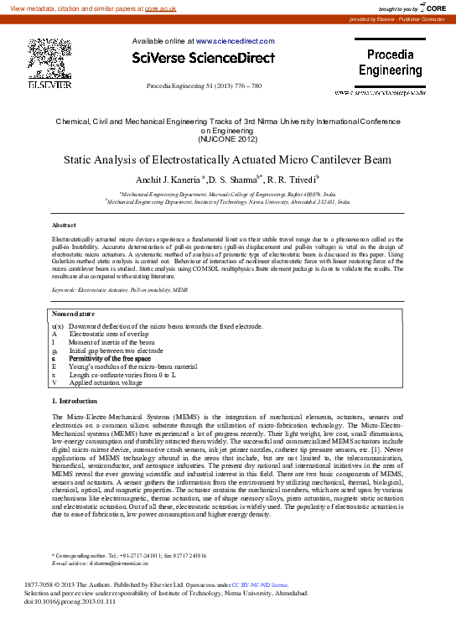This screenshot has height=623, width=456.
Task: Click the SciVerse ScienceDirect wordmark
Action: (x=203, y=58)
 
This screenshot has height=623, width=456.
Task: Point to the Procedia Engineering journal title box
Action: (x=391, y=63)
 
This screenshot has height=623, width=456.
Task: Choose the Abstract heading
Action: (x=64, y=226)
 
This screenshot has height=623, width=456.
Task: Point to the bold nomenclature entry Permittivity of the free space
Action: (x=122, y=358)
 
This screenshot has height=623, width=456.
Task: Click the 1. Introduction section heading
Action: (x=75, y=402)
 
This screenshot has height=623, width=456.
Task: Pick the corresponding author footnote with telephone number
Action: (x=129, y=555)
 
